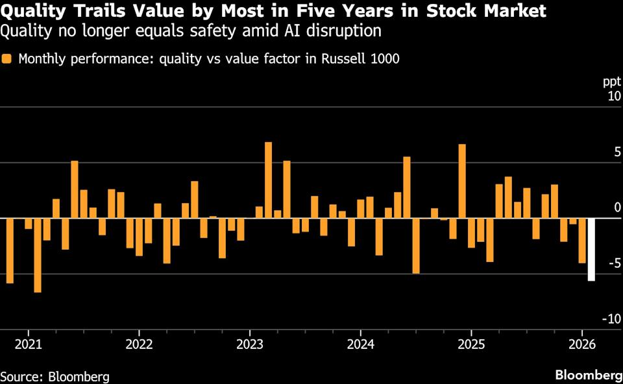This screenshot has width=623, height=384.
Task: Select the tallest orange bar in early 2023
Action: [x=268, y=180]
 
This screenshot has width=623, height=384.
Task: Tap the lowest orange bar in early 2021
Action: [x=38, y=255]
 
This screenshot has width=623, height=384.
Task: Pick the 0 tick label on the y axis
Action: [x=617, y=208]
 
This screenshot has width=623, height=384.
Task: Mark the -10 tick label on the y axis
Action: [x=611, y=318]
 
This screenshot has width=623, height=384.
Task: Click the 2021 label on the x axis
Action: [x=28, y=343]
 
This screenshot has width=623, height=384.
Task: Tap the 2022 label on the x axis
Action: [x=139, y=343]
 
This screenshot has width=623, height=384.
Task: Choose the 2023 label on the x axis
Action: [x=250, y=343]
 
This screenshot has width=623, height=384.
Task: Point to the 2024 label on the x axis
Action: [x=361, y=343]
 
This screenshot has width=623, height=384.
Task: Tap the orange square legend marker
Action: [x=8, y=59]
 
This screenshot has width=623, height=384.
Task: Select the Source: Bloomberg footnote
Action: [x=55, y=376]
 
